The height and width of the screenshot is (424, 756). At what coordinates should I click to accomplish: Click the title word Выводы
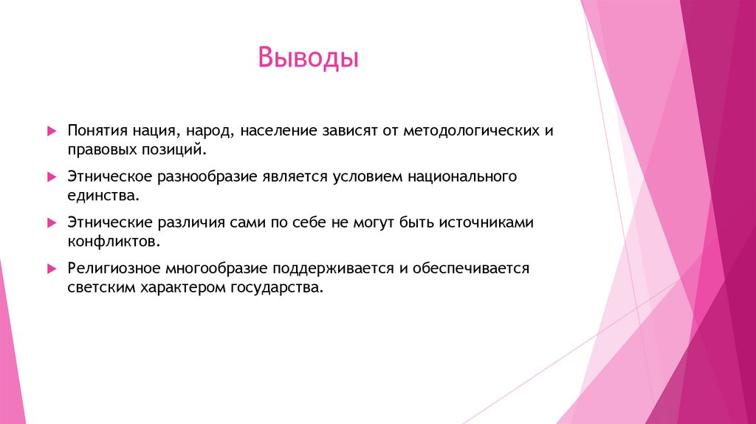pyautogui.click(x=308, y=58)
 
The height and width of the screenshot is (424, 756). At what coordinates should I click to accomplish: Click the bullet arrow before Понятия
pyautogui.click(x=51, y=131)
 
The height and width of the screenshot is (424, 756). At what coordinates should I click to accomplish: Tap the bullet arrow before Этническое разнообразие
pyautogui.click(x=51, y=177)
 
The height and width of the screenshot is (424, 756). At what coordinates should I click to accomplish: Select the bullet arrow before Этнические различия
pyautogui.click(x=51, y=222)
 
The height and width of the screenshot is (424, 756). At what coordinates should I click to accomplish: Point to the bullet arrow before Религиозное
pyautogui.click(x=51, y=268)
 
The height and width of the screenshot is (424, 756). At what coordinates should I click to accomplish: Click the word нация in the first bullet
pyautogui.click(x=152, y=131)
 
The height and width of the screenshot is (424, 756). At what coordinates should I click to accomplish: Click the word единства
pyautogui.click(x=103, y=196)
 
